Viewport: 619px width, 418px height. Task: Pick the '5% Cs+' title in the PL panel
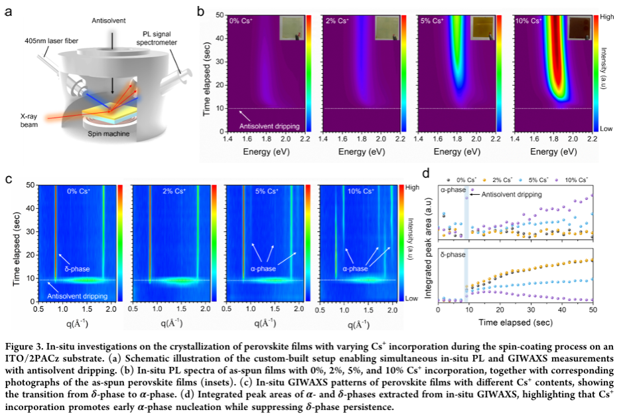tap(433, 21)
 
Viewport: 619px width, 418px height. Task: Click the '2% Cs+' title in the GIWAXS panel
tap(176, 192)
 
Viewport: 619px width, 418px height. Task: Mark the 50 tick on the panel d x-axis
tap(592, 310)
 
